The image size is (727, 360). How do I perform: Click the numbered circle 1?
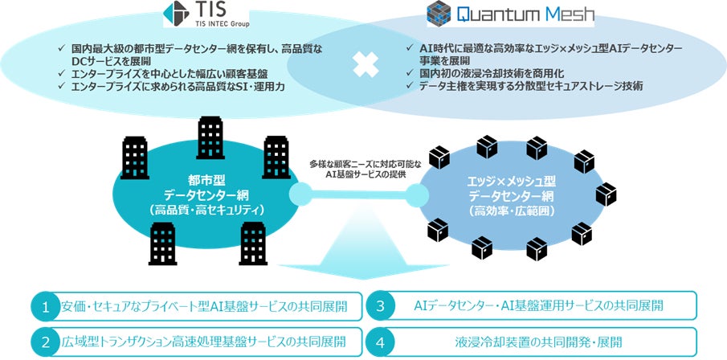click(x=47, y=307)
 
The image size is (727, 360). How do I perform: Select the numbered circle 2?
click(x=47, y=342)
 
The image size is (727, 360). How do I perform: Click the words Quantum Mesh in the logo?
click(x=510, y=14)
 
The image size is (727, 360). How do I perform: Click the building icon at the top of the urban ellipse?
click(x=211, y=132)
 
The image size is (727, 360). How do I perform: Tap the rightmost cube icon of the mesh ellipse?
click(x=606, y=194)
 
